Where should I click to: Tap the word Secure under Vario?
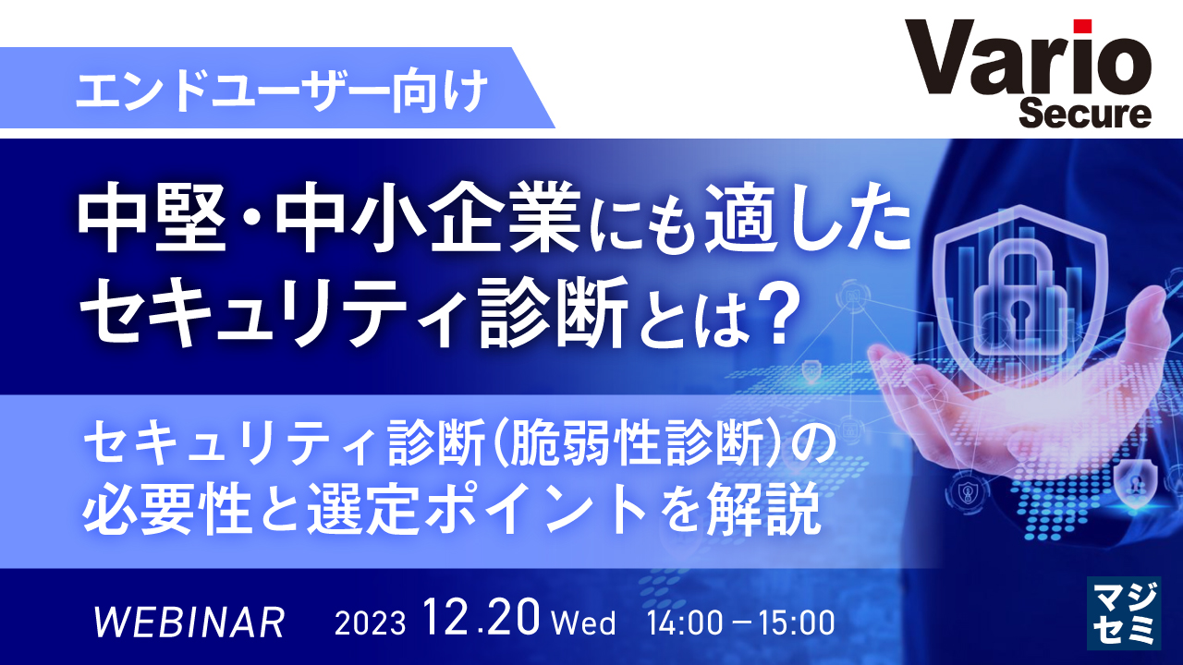pos(1085,115)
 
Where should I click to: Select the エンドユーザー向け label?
pos(282,92)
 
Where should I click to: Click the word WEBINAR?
pos(190,623)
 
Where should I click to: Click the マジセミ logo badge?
pos(1124,612)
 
